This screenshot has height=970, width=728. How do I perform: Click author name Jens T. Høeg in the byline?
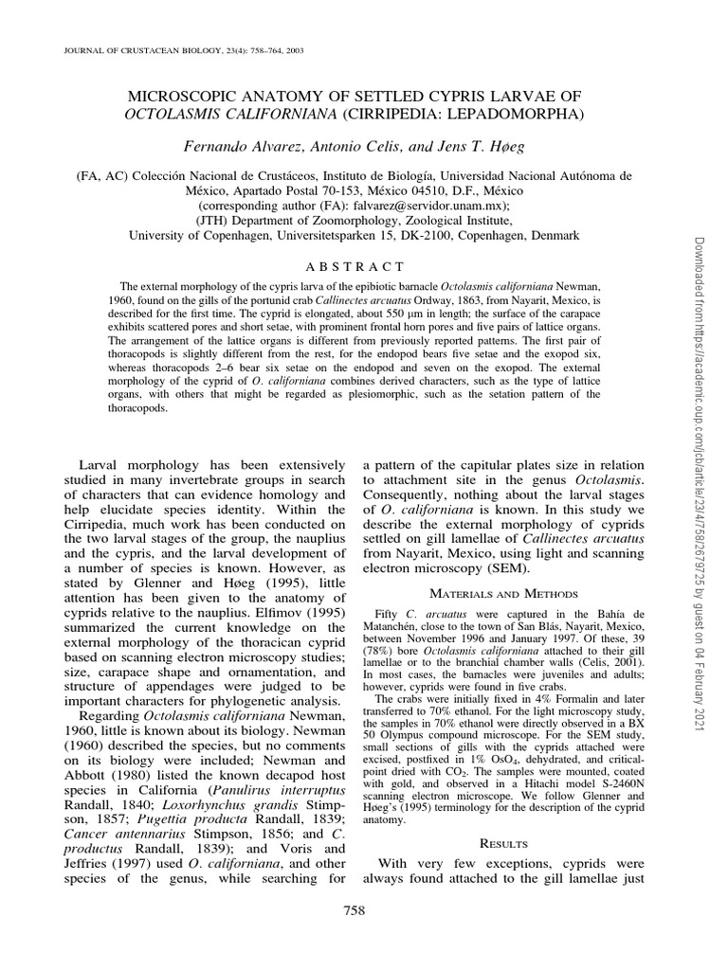click(462, 145)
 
